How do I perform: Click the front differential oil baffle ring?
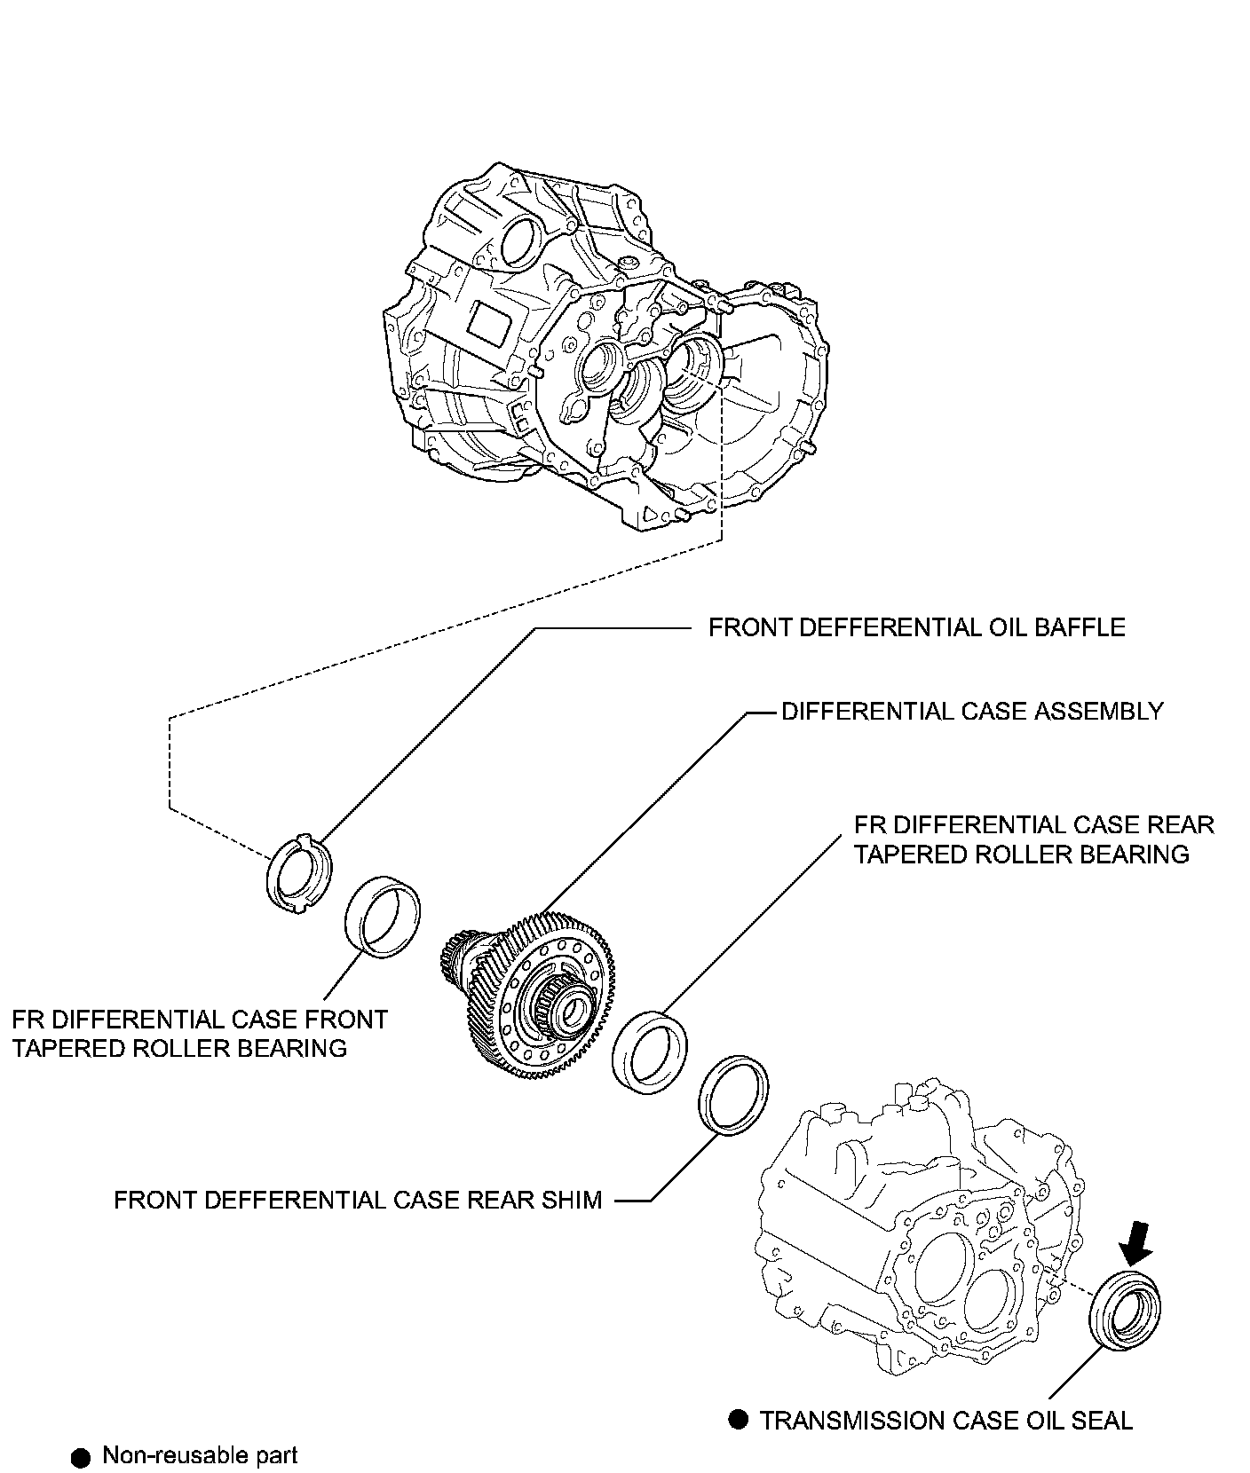point(298,873)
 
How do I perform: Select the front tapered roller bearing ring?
point(382,916)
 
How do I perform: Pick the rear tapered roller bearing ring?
point(651,1052)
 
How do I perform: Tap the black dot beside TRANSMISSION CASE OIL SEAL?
point(739,1420)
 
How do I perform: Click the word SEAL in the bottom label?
point(1102,1421)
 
